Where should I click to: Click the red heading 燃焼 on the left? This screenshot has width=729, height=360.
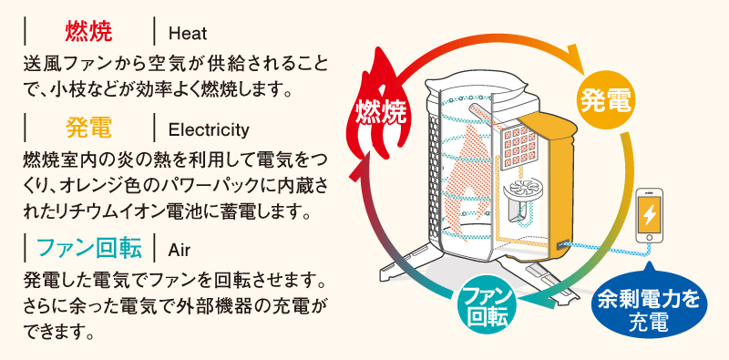click(x=88, y=32)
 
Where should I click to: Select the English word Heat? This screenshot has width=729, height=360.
click(x=188, y=34)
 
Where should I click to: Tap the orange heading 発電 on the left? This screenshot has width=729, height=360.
click(x=88, y=128)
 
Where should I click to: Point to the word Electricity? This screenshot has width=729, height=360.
click(x=209, y=130)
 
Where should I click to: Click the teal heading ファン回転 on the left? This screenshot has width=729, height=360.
click(x=88, y=248)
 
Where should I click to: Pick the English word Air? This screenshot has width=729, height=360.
click(x=180, y=251)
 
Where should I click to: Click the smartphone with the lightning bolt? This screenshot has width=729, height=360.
click(x=649, y=215)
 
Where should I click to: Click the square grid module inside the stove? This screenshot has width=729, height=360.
click(x=519, y=147)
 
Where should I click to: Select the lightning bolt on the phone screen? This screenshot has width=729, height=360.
click(x=649, y=215)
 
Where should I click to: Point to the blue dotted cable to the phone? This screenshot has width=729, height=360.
click(x=604, y=250)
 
